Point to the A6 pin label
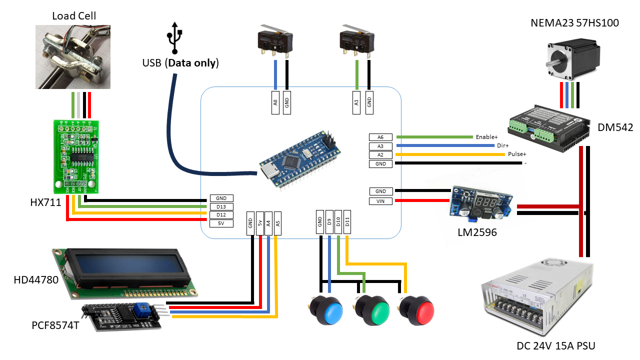[x=381, y=137]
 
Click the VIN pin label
[x=381, y=201]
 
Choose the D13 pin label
[x=221, y=206]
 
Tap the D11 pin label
[x=347, y=221]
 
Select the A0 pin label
[x=275, y=102]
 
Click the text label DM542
[x=615, y=128]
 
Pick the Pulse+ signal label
[x=517, y=154]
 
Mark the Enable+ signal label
[x=487, y=136]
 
